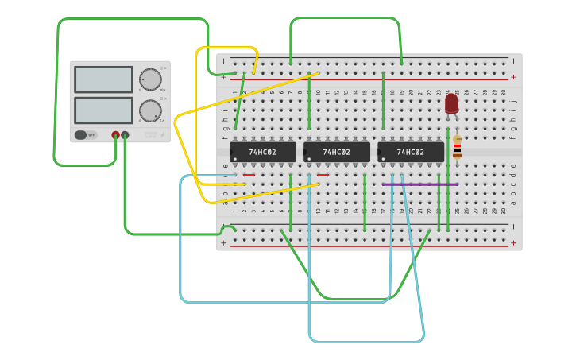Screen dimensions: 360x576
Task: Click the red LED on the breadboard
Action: click(x=451, y=103)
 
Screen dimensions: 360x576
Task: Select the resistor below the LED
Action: click(x=457, y=149)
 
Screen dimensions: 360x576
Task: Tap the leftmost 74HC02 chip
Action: click(x=262, y=152)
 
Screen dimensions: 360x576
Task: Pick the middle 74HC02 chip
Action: click(x=336, y=152)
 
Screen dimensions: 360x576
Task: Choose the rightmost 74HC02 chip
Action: click(x=410, y=152)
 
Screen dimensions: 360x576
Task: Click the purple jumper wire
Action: click(x=419, y=184)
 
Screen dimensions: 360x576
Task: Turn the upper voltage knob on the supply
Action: click(x=150, y=79)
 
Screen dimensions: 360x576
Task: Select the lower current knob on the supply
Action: click(x=150, y=110)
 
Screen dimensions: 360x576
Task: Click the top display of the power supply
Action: click(x=103, y=79)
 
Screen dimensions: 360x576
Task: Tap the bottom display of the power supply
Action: click(x=103, y=110)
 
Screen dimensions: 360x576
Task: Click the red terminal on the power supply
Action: click(x=115, y=135)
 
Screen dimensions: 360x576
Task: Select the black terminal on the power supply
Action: click(x=125, y=135)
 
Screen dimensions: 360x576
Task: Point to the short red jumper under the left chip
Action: click(x=249, y=175)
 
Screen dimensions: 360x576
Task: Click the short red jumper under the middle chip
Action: click(x=323, y=175)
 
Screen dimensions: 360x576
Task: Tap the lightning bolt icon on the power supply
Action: click(x=164, y=135)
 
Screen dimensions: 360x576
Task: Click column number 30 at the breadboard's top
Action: click(x=504, y=92)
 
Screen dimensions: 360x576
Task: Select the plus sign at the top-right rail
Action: click(x=513, y=78)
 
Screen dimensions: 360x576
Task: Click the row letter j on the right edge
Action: click(x=513, y=102)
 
